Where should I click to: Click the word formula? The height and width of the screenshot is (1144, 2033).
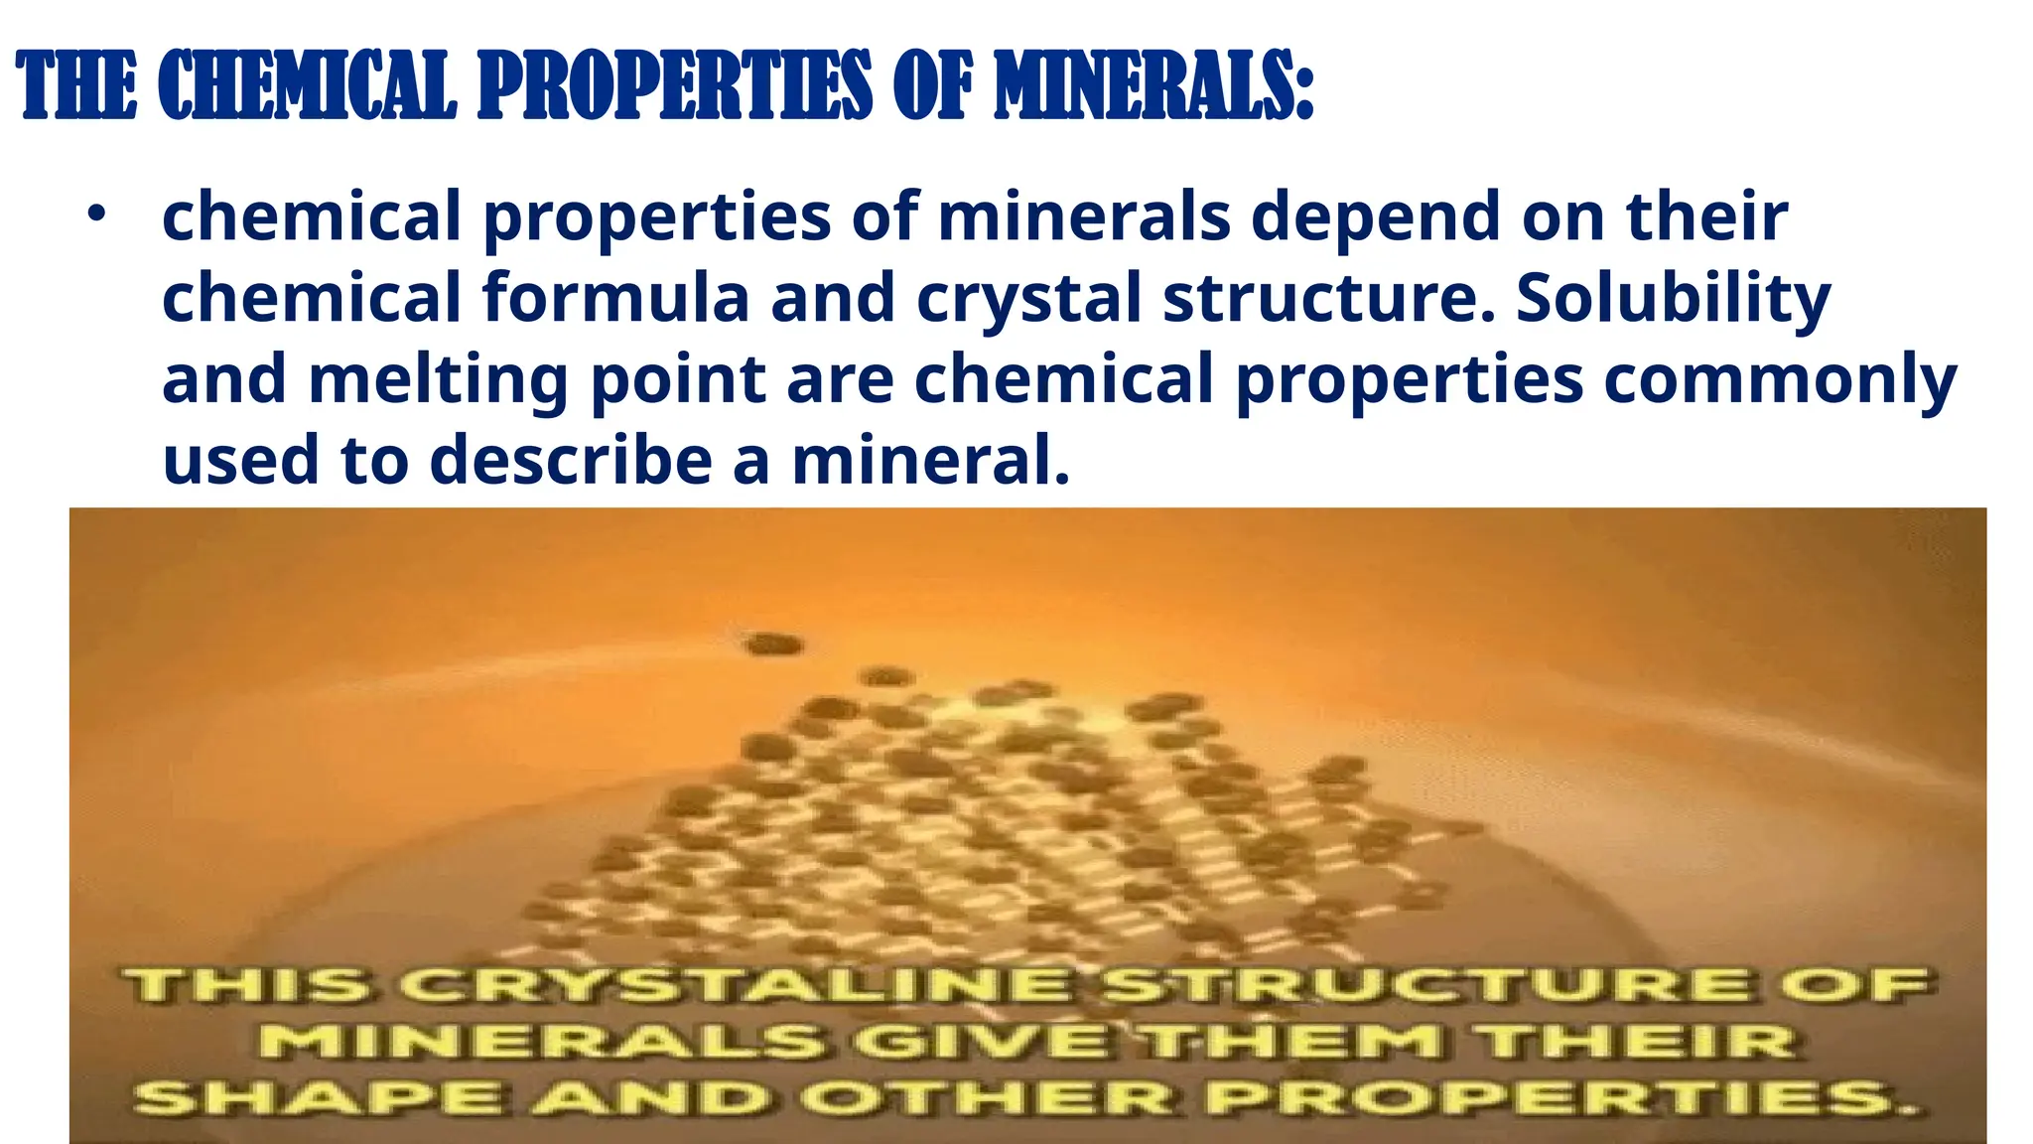click(615, 298)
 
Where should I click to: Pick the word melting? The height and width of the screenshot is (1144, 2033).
click(438, 381)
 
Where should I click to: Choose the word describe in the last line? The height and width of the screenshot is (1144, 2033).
click(571, 462)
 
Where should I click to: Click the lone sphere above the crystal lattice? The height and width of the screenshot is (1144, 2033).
click(774, 644)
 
